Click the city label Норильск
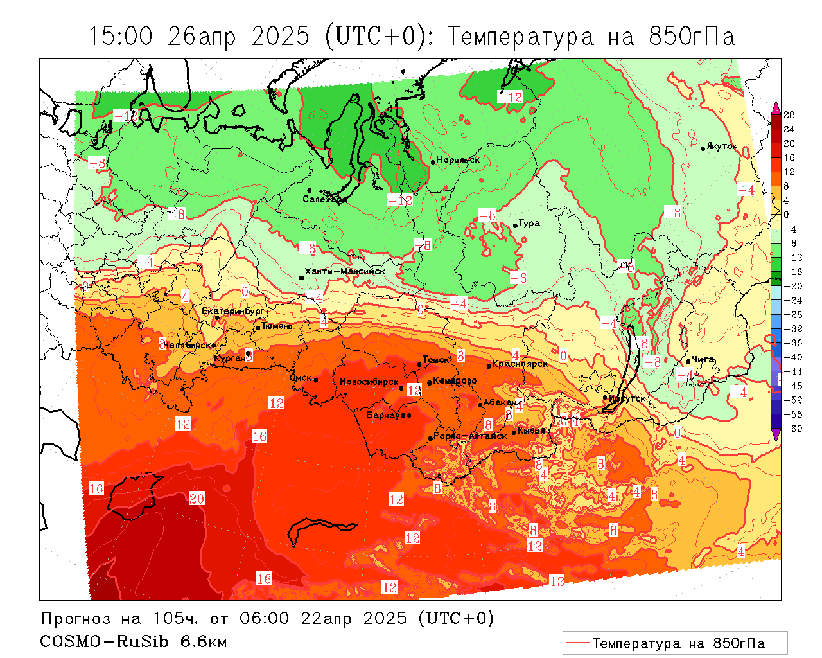tap(458, 160)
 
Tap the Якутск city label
tap(721, 147)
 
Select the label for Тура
tap(529, 224)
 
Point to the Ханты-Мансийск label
tap(345, 272)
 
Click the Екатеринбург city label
tap(232, 311)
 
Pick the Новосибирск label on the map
tap(369, 382)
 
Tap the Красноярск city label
tap(520, 364)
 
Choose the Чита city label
tap(703, 360)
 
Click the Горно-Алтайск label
tap(470, 436)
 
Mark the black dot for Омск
tap(316, 380)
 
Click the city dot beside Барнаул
tap(409, 415)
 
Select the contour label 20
tap(197, 499)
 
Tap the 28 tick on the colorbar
tap(789, 115)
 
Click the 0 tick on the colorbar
tap(787, 215)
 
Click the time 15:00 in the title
tap(121, 36)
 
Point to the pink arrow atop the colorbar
tap(776, 107)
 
